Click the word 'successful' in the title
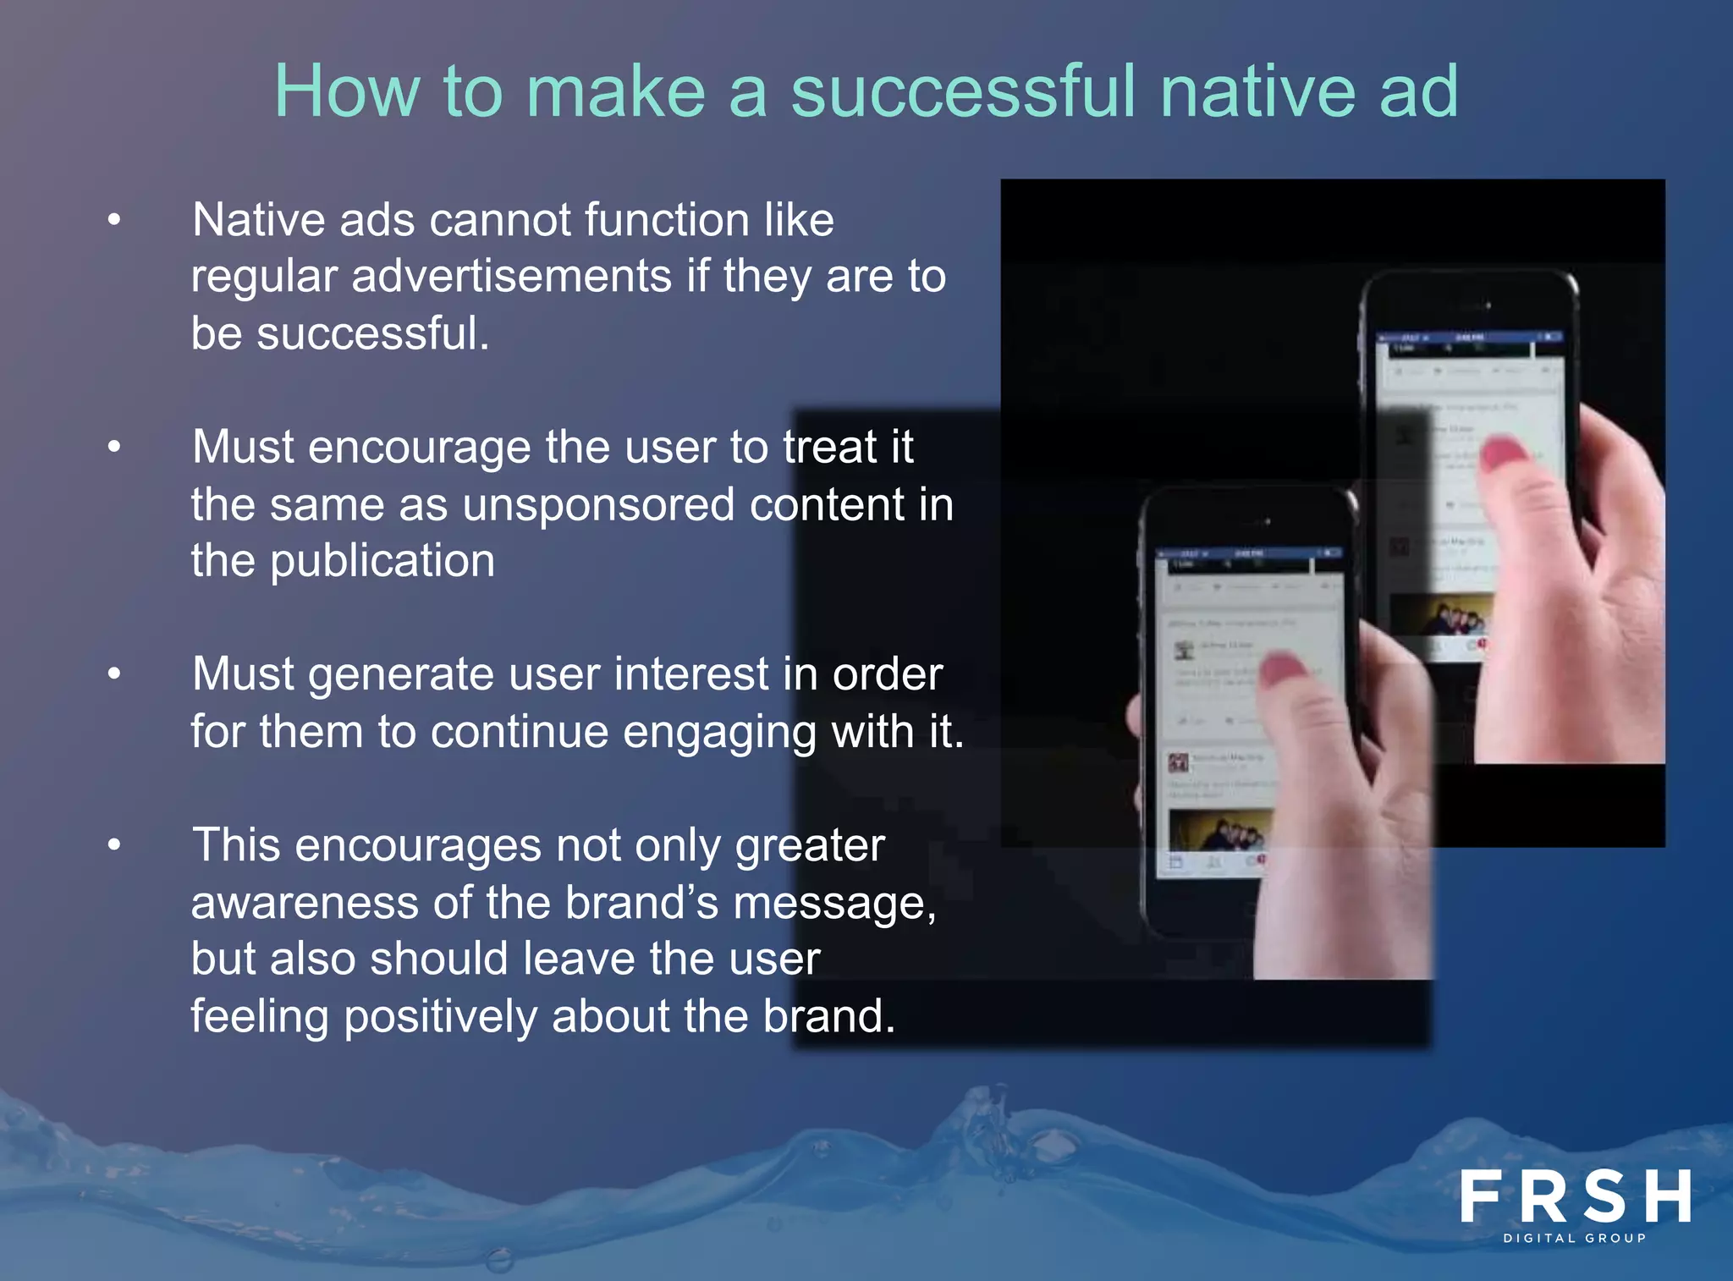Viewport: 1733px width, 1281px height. pyautogui.click(x=964, y=91)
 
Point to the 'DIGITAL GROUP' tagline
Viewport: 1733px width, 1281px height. pyautogui.click(x=1575, y=1238)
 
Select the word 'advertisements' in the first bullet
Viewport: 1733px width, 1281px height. pyautogui.click(x=511, y=277)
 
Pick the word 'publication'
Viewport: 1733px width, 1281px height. pyautogui.click(x=382, y=562)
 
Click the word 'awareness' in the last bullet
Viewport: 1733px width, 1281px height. pyautogui.click(x=305, y=903)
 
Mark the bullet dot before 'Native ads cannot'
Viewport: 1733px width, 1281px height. pyautogui.click(x=114, y=221)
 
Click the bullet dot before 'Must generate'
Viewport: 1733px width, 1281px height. pyautogui.click(x=114, y=674)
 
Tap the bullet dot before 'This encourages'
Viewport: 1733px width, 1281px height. pyautogui.click(x=114, y=844)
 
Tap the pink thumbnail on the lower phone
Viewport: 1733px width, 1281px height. pyautogui.click(x=1285, y=670)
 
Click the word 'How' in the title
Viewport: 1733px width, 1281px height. pyautogui.click(x=346, y=91)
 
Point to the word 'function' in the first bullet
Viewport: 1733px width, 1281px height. pyautogui.click(x=666, y=221)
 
